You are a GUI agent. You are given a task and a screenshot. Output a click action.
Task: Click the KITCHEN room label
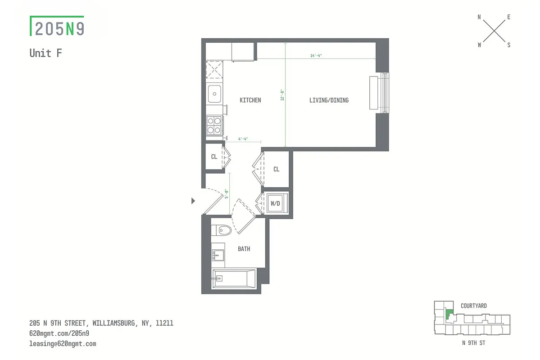[250, 100]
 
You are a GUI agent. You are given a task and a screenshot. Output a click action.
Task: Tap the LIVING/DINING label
[329, 100]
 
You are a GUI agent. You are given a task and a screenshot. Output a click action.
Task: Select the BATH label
[244, 249]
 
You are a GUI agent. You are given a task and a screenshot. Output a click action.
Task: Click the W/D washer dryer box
[275, 203]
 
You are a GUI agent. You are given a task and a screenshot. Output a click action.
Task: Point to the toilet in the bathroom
[221, 230]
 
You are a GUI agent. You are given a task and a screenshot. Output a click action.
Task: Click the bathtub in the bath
[234, 279]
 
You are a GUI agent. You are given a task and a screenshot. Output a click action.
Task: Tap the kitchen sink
[214, 94]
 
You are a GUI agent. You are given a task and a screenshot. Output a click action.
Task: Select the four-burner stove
[214, 125]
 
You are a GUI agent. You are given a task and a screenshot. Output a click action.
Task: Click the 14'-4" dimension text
[316, 56]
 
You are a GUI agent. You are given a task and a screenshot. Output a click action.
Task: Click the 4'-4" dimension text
[243, 139]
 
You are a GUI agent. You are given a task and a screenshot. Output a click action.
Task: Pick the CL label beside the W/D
[277, 169]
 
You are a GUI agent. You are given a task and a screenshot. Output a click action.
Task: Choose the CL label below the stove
[214, 157]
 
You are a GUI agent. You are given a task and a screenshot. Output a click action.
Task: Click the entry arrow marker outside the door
[194, 201]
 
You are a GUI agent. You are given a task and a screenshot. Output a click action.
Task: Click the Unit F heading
[45, 53]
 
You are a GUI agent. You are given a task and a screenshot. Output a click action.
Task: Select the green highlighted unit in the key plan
[449, 314]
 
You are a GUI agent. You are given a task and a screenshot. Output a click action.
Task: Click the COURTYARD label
[473, 306]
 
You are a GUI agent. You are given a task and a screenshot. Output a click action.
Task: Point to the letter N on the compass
[479, 17]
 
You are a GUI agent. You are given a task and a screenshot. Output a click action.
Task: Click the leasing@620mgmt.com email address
[63, 344]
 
